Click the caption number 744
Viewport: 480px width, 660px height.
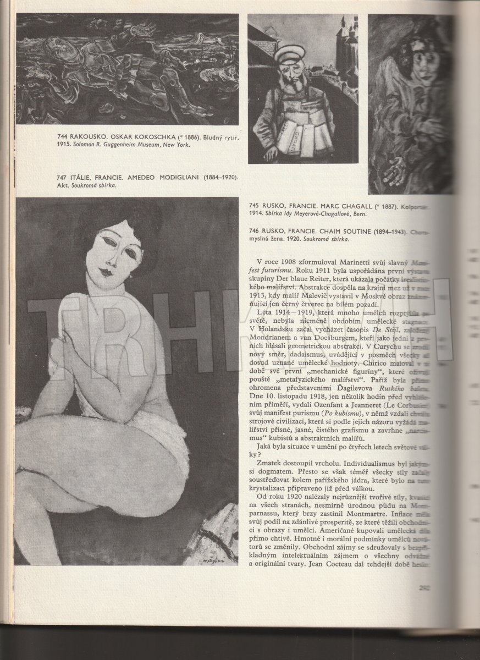(x=64, y=136)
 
